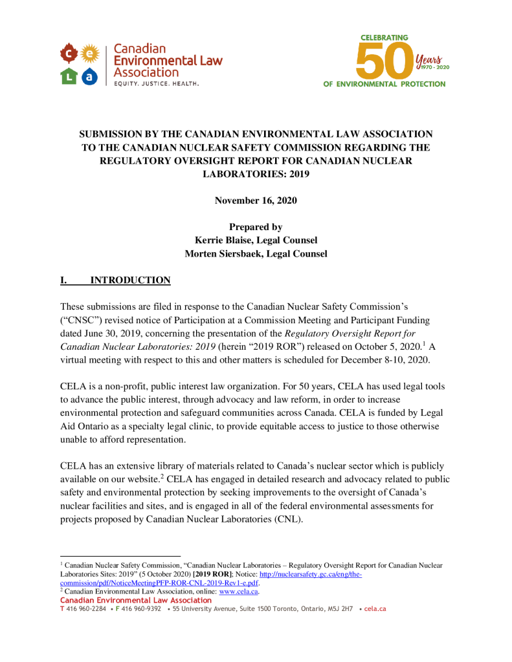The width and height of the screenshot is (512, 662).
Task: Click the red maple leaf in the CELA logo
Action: click(69, 52)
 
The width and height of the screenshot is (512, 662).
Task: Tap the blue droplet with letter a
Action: click(91, 76)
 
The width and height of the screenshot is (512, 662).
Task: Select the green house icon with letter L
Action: click(69, 76)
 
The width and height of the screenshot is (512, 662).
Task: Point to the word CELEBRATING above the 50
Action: click(384, 37)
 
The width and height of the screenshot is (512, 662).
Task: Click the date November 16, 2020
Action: click(256, 200)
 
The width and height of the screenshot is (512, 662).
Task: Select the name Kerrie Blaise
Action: click(223, 240)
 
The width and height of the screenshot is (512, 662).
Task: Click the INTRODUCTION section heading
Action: click(130, 281)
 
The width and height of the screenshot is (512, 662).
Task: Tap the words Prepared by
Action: click(256, 227)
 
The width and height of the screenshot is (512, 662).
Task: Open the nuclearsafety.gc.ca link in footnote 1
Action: click(310, 575)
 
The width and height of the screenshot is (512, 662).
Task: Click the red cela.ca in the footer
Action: click(375, 609)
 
